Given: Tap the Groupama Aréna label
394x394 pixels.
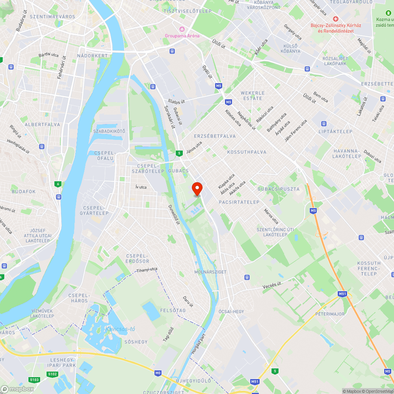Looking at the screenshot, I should (182, 35).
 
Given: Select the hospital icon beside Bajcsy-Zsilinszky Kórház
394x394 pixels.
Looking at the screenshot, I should (336, 19).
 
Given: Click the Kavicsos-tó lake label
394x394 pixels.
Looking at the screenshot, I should (120, 329).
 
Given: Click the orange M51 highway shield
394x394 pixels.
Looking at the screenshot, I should (342, 294).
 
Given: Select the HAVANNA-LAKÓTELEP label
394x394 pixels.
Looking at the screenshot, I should (347, 153).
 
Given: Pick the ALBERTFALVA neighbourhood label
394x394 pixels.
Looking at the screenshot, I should (42, 125).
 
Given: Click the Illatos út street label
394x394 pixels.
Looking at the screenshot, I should (176, 101).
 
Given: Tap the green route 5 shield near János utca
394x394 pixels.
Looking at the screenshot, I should (179, 153).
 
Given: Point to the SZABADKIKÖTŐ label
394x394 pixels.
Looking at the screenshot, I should (109, 131).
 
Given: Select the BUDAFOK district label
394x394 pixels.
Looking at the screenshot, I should (24, 191).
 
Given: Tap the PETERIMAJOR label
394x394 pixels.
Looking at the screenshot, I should (330, 314).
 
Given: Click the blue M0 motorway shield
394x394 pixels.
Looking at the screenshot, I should (158, 373).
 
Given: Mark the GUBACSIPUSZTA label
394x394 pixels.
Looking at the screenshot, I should (279, 189).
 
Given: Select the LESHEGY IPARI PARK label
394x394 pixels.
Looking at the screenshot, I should (63, 362).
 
